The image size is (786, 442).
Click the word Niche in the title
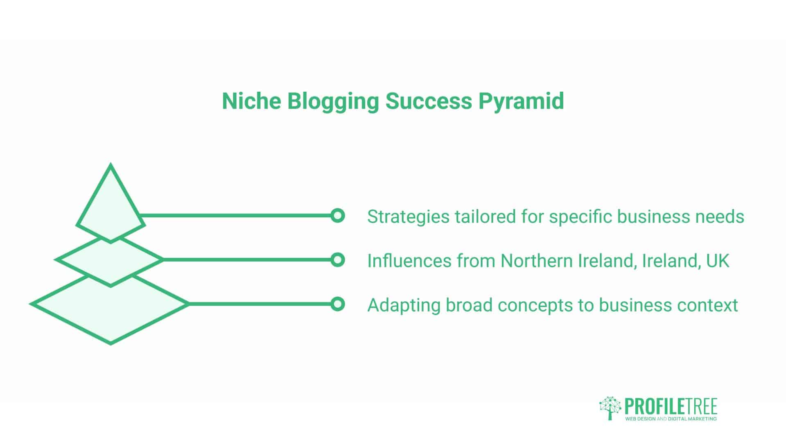pyautogui.click(x=251, y=101)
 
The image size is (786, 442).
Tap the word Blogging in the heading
pyautogui.click(x=333, y=101)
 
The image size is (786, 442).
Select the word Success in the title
pyautogui.click(x=429, y=101)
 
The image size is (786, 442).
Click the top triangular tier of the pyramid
pyautogui.click(x=111, y=205)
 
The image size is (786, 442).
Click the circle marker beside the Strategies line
pyautogui.click(x=337, y=215)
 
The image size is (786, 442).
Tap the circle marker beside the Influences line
pyautogui.click(x=337, y=259)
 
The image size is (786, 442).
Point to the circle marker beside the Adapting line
pyautogui.click(x=337, y=304)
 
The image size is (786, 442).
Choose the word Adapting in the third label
pyautogui.click(x=403, y=305)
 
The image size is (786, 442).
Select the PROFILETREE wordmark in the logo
pyautogui.click(x=671, y=406)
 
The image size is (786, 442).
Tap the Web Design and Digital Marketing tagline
pyautogui.click(x=671, y=419)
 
